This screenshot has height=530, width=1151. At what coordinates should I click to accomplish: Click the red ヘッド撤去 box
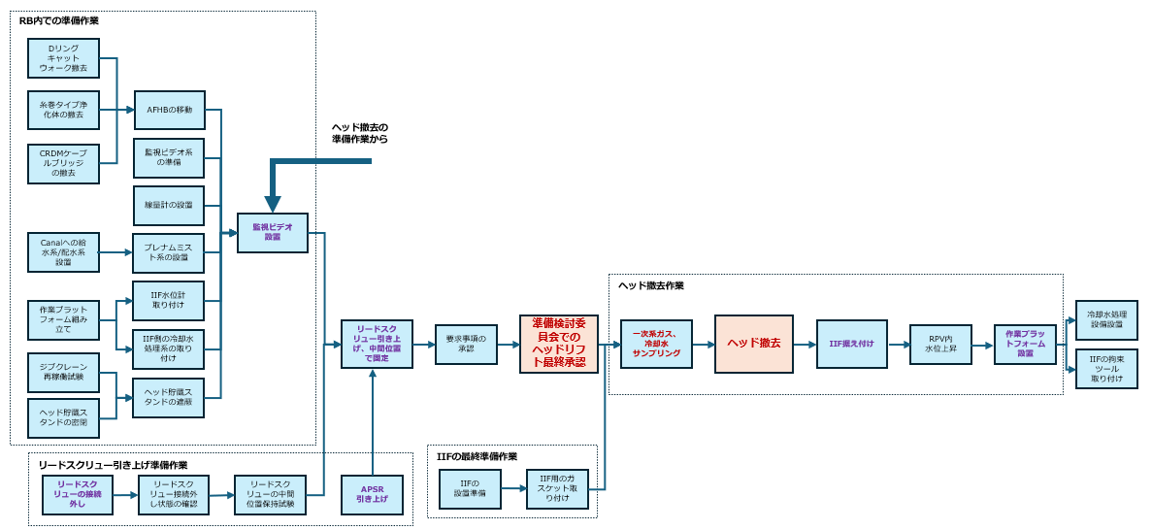pyautogui.click(x=754, y=344)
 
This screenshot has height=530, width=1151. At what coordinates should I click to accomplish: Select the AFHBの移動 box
pyautogui.click(x=169, y=110)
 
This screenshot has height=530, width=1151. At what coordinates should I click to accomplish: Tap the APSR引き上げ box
pyautogui.click(x=372, y=494)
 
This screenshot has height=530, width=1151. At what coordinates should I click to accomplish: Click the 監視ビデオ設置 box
pyautogui.click(x=273, y=233)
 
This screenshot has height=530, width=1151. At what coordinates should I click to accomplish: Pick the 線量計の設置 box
pyautogui.click(x=169, y=206)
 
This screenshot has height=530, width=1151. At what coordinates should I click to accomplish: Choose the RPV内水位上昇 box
pyautogui.click(x=940, y=344)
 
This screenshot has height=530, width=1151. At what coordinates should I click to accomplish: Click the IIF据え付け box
pyautogui.click(x=851, y=344)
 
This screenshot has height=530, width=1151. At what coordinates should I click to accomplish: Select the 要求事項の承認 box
pyautogui.click(x=466, y=344)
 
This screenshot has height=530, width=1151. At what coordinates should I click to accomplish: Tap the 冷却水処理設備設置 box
pyautogui.click(x=1106, y=320)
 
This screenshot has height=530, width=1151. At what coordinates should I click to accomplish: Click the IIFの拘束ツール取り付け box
pyautogui.click(x=1106, y=369)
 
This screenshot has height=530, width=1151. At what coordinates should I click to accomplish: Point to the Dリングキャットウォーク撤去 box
pyautogui.click(x=63, y=58)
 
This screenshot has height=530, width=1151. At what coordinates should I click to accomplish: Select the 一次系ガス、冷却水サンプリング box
pyautogui.click(x=656, y=344)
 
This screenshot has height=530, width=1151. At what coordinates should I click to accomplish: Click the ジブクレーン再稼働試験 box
pyautogui.click(x=63, y=373)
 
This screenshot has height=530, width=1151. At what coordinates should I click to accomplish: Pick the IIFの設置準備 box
pyautogui.click(x=470, y=489)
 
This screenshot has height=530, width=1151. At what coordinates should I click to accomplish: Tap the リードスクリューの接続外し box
pyautogui.click(x=78, y=494)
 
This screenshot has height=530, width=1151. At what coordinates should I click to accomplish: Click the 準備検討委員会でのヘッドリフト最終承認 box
pyautogui.click(x=559, y=344)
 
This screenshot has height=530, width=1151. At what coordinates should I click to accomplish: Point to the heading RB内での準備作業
pyautogui.click(x=59, y=20)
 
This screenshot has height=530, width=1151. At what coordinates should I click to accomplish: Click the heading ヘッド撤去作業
pyautogui.click(x=651, y=285)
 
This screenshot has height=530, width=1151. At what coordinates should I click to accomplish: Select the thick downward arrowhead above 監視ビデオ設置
pyautogui.click(x=273, y=203)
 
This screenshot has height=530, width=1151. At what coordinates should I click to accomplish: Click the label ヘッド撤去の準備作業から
pyautogui.click(x=359, y=133)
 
